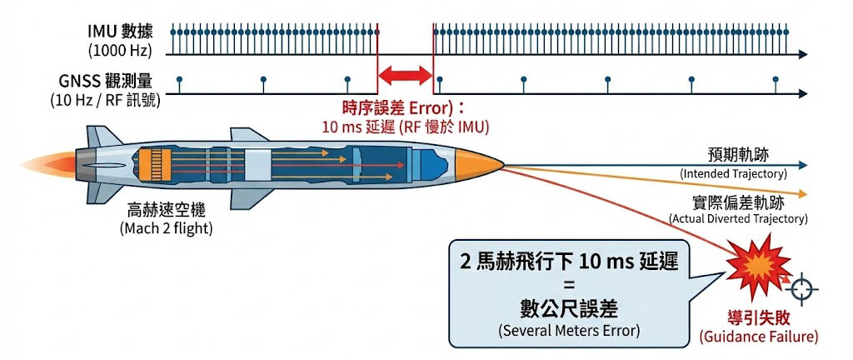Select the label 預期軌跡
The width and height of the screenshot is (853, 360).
pyautogui.click(x=733, y=156)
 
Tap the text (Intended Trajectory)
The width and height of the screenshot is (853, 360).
pyautogui.click(x=733, y=173)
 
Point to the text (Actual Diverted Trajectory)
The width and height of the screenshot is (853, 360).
pyautogui.click(x=738, y=218)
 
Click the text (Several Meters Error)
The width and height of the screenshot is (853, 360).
pyautogui.click(x=571, y=330)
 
